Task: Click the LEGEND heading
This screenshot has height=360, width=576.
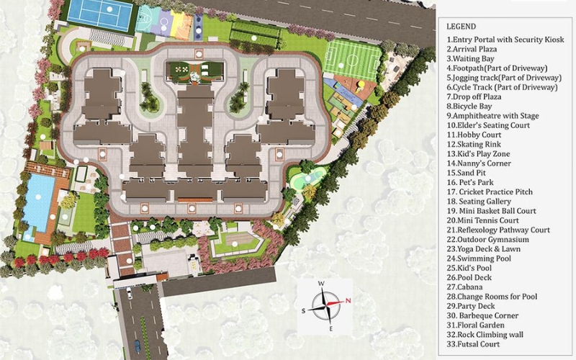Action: pyautogui.click(x=461, y=27)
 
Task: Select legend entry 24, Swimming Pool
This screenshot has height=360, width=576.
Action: pyautogui.click(x=479, y=258)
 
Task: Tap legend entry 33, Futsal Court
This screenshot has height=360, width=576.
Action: pyautogui.click(x=473, y=344)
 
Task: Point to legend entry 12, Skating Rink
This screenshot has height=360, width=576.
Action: pyautogui.click(x=474, y=145)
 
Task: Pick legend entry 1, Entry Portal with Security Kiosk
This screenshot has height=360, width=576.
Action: pyautogui.click(x=505, y=40)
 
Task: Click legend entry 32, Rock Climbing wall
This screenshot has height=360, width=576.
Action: pyautogui.click(x=485, y=335)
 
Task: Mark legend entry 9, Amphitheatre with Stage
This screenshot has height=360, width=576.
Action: pyautogui.click(x=492, y=116)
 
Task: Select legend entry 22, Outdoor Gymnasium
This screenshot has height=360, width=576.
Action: pyautogui.click(x=488, y=240)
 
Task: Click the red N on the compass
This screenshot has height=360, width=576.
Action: pyautogui.click(x=348, y=300)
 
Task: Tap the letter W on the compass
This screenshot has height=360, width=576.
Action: pyautogui.click(x=321, y=284)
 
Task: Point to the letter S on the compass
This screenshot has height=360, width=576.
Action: pyautogui.click(x=303, y=311)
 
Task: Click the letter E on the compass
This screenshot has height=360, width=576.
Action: pyautogui.click(x=331, y=328)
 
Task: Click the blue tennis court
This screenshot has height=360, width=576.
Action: pyautogui.click(x=100, y=14)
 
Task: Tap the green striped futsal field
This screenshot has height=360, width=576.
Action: pyautogui.click(x=353, y=60)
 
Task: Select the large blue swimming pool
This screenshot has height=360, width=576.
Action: pyautogui.click(x=38, y=202)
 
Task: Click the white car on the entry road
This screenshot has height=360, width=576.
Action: pyautogui.click(x=130, y=293)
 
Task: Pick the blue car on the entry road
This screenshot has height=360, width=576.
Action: pyautogui.click(x=138, y=346)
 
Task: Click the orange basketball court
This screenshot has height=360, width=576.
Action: pyautogui.click(x=183, y=27)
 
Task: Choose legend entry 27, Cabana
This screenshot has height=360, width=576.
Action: pyautogui.click(x=464, y=287)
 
